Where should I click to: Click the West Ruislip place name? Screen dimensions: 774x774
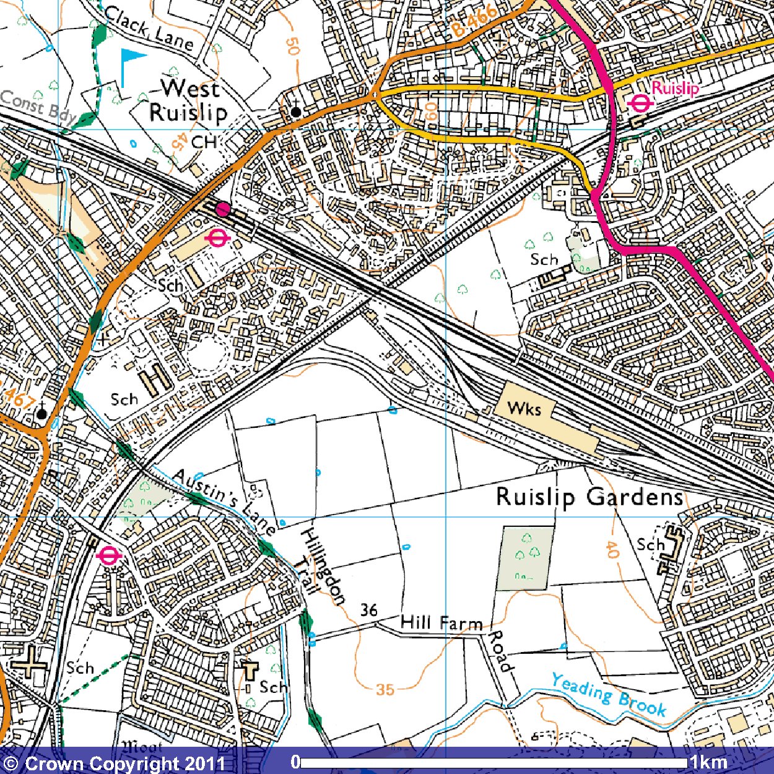tap(188, 100)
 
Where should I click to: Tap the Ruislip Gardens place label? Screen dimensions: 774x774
tap(589, 497)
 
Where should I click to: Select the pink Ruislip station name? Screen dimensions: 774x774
tap(675, 88)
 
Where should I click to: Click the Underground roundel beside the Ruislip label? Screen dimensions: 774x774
tap(640, 104)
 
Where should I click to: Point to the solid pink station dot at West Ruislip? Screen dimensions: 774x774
tap(222, 209)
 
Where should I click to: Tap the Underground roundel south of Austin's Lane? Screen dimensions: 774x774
tap(108, 556)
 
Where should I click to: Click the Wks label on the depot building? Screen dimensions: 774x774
tap(524, 409)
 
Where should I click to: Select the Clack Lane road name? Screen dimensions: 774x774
tap(149, 28)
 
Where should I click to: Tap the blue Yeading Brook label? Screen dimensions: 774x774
tap(609, 695)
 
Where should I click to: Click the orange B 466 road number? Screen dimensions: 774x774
tap(474, 21)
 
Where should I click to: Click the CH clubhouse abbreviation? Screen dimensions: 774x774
tap(204, 142)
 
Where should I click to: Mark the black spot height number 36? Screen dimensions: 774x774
tap(369, 610)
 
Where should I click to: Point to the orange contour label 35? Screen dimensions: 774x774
tap(385, 689)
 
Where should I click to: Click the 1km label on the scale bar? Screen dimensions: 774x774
tap(709, 762)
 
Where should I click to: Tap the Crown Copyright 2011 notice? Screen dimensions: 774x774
tap(115, 763)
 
